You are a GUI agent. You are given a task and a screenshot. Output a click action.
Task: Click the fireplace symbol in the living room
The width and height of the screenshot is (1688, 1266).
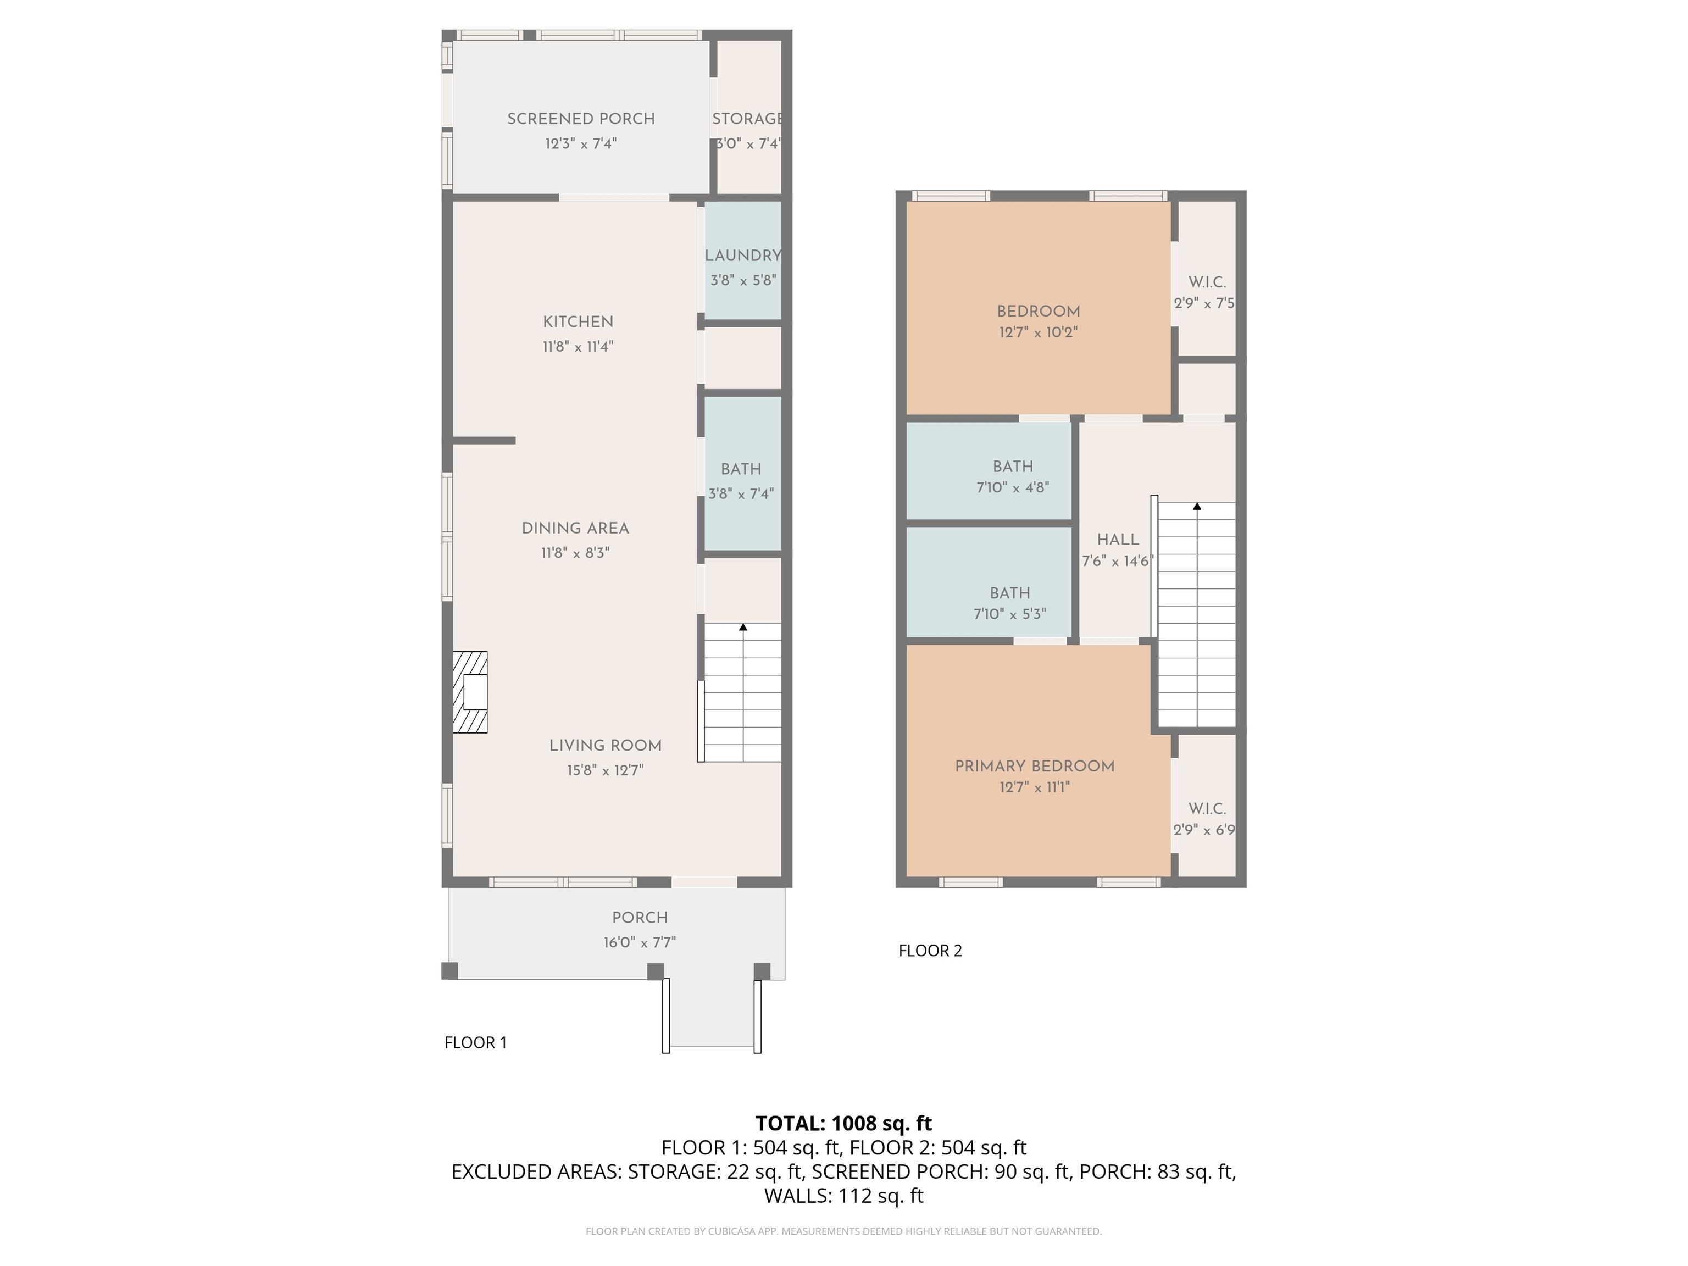[470, 692]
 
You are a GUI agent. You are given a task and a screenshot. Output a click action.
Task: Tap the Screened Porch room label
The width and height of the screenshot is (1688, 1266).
[581, 119]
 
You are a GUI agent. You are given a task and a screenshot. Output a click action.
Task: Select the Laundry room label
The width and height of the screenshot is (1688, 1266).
[742, 256]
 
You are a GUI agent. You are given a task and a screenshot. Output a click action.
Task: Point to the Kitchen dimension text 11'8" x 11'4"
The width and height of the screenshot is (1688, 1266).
[578, 347]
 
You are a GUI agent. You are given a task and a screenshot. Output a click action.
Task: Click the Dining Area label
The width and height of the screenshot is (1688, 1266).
[575, 528]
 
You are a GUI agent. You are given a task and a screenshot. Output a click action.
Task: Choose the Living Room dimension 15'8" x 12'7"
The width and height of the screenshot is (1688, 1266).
[605, 770]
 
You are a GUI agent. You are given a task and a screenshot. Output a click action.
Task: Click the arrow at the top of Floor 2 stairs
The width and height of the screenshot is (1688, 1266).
[1197, 506]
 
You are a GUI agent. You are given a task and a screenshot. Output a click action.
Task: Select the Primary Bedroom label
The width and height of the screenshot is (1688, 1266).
[1035, 766]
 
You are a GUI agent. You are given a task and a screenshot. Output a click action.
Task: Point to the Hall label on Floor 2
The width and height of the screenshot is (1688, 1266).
[1118, 540]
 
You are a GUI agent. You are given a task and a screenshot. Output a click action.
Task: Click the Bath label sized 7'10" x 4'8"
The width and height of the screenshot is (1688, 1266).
[1013, 467]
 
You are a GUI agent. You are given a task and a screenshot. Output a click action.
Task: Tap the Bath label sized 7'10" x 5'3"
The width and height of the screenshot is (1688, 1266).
[1009, 593]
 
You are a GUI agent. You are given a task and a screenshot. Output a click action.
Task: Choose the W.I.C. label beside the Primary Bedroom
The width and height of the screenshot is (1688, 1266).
[1207, 809]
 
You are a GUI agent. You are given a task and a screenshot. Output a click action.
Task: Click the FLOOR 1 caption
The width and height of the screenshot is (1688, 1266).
[475, 1042]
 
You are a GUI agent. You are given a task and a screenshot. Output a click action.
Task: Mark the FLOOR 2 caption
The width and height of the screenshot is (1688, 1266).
[930, 951]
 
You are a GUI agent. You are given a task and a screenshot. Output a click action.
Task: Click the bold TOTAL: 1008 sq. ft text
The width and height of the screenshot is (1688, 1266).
[843, 1123]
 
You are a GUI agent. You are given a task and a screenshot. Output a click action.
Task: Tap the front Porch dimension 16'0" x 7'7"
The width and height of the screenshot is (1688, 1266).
[640, 942]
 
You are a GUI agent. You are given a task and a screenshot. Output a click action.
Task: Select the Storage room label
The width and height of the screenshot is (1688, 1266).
[747, 119]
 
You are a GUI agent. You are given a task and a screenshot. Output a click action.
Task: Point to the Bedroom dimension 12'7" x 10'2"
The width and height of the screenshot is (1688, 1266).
[1038, 332]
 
